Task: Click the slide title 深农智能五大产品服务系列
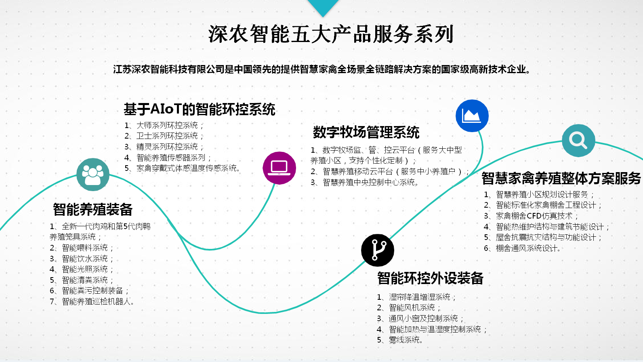[331, 34]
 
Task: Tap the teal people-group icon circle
[93, 174]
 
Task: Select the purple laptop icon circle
[279, 168]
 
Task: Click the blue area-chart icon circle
[472, 116]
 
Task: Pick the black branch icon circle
[378, 250]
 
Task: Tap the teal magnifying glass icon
[578, 140]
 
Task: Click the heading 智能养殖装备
[92, 210]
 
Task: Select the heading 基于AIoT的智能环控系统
[200, 109]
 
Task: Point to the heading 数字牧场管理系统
[366, 133]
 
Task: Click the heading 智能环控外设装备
[430, 278]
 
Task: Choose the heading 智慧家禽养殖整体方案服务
[561, 178]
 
